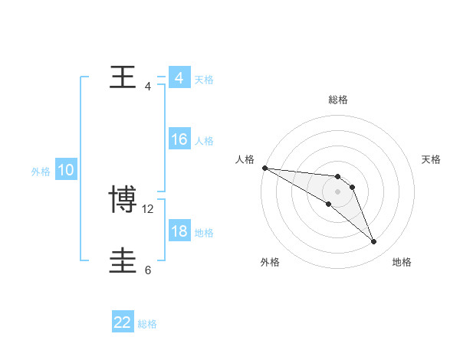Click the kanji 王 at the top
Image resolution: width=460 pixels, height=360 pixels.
[123, 77]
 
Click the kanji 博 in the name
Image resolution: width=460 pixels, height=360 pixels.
[123, 200]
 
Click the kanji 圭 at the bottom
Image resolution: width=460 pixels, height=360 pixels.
[123, 261]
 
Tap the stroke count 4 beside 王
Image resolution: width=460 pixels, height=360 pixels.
[148, 87]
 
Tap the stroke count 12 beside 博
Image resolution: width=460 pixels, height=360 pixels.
[149, 209]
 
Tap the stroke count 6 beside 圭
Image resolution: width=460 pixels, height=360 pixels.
[148, 270]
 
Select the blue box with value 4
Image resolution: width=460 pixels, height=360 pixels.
[179, 78]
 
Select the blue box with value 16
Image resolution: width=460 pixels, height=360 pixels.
[179, 139]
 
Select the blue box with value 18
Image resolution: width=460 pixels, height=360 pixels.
[179, 231]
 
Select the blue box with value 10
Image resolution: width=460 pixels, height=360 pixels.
[66, 170]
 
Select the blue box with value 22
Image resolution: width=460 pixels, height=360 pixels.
[123, 322]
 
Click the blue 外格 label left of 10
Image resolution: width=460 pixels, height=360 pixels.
[41, 172]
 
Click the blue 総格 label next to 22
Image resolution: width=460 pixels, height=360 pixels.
[147, 324]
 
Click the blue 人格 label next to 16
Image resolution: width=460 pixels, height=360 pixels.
[204, 141]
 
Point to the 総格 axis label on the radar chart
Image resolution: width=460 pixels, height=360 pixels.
[338, 100]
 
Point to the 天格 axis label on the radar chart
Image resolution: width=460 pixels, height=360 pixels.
[432, 159]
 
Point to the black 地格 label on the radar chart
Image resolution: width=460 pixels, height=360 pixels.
[402, 263]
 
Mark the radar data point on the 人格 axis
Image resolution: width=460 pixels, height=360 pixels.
[264, 168]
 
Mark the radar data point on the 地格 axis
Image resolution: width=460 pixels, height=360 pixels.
[374, 242]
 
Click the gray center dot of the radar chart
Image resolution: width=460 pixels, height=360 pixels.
[338, 191]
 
